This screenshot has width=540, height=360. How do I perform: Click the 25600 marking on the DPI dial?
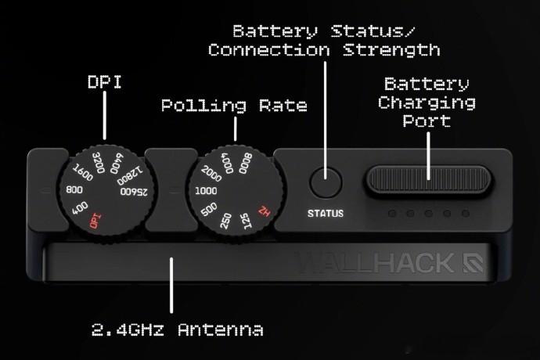pos(134,192)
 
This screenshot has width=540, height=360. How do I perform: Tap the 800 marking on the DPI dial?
pos(74,190)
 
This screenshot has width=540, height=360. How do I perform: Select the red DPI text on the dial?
pos(95,221)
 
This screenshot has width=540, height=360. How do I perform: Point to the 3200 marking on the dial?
pos(99,163)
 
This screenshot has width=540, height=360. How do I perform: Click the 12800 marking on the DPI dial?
pos(129,175)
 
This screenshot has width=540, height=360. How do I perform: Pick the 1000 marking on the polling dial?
pos(206,191)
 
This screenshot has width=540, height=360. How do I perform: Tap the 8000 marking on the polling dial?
pos(246,164)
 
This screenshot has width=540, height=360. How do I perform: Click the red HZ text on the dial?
pos(265,211)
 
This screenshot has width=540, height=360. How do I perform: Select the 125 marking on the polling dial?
pos(246,221)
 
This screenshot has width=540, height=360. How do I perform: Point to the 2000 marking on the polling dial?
pos(211,174)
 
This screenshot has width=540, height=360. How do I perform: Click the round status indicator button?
pos(326,182)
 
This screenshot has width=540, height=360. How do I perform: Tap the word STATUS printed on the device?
pos(326,214)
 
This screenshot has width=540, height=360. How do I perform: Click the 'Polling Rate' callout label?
pos(234,106)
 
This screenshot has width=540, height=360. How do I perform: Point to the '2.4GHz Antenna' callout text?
pos(178,329)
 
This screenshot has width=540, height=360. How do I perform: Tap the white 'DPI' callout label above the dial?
pos(105,82)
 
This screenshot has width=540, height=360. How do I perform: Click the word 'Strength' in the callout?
pos(391,50)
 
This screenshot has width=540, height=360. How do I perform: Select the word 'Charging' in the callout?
pos(427,103)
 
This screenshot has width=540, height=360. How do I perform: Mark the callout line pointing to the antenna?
pos(171,285)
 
